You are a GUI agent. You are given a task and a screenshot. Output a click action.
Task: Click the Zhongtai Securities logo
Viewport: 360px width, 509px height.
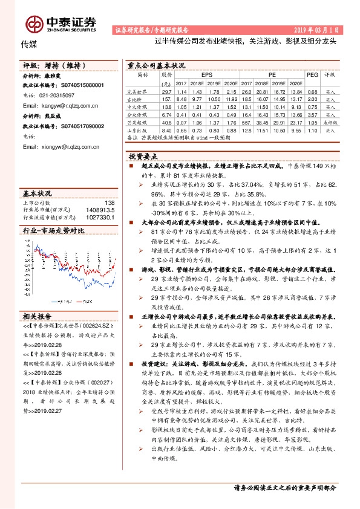(x=61, y=24)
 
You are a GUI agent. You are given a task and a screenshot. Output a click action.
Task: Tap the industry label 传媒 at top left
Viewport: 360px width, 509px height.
(x=30, y=45)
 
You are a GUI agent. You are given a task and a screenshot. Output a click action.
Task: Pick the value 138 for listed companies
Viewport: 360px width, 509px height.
(x=109, y=203)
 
